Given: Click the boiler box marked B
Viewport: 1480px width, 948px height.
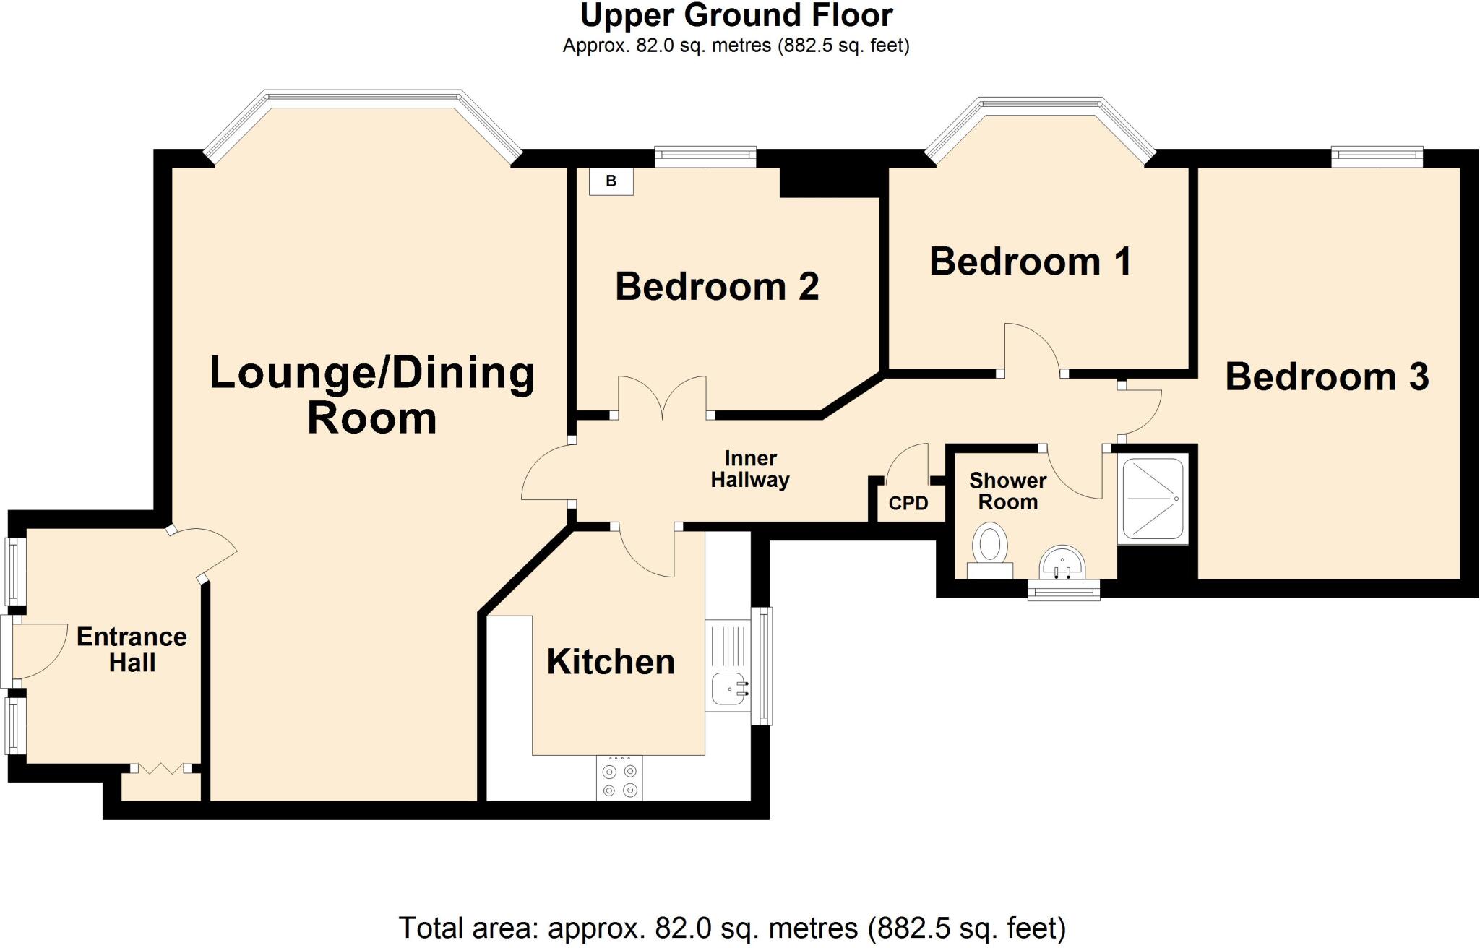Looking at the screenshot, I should click(611, 181).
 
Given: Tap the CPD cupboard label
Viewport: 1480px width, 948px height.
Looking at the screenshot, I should click(908, 503).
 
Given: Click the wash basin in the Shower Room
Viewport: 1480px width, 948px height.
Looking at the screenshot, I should click(1062, 563).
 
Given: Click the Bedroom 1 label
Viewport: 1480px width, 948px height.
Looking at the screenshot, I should click(1030, 262).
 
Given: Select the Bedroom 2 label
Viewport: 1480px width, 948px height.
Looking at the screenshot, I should click(716, 287).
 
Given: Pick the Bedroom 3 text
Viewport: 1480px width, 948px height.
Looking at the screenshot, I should click(1326, 377).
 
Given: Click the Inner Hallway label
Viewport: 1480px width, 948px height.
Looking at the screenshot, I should click(750, 469).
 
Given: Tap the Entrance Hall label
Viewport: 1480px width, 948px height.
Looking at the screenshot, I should click(132, 650).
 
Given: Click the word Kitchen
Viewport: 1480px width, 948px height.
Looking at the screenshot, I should click(610, 662).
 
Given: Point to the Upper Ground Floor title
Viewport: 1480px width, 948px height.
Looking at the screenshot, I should click(736, 15).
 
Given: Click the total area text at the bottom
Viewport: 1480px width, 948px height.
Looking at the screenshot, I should click(732, 928).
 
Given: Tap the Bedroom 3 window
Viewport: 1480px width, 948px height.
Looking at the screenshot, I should click(1377, 156).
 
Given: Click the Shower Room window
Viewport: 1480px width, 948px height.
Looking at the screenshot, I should click(1064, 592).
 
